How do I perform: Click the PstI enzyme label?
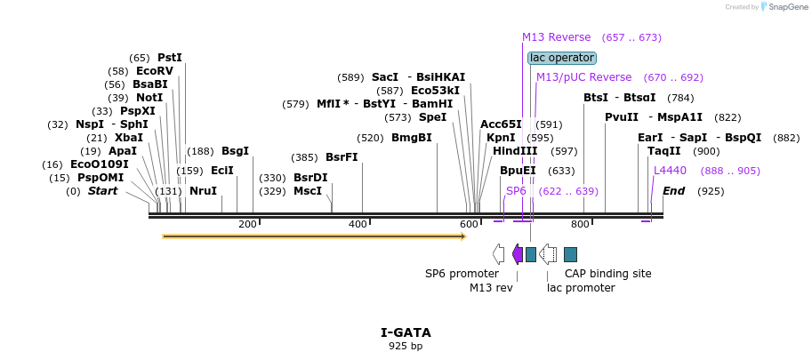pos(170,58)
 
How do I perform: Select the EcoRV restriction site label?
pos(155,71)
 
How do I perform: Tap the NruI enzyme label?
pos(204,191)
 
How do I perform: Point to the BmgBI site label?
pos(412,138)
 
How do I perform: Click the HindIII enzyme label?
pos(515,151)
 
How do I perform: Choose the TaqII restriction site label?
pos(663,151)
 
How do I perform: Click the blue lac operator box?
pos(562,58)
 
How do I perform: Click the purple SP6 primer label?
pos(517,191)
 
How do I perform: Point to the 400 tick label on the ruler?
pos(358,224)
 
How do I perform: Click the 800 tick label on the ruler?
pos(580,224)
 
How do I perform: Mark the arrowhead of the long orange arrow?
pos(465,236)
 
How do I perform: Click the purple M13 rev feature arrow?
pos(518,254)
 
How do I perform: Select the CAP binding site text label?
pos(608,274)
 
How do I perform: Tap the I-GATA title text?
pos(406,332)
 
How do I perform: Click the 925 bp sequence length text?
pos(406,346)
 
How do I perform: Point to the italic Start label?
pos(102,191)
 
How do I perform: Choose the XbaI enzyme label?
pos(129,138)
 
